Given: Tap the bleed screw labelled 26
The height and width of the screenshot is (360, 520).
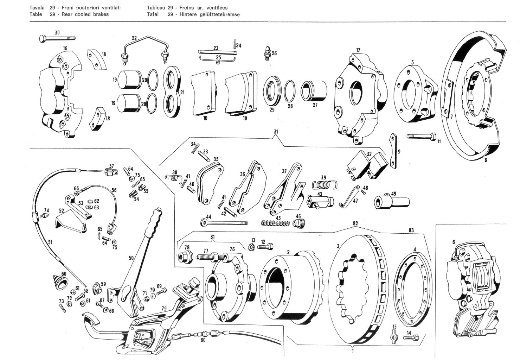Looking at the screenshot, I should pyautogui.click(x=268, y=52).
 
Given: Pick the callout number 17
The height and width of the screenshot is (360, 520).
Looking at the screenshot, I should pyautogui.click(x=358, y=50).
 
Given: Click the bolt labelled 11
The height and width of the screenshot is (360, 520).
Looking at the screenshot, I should pyautogui.click(x=422, y=136).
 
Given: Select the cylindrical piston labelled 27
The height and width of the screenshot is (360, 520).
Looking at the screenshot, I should pyautogui.click(x=314, y=90).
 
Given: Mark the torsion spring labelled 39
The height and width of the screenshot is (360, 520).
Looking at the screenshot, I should pyautogui.click(x=324, y=184).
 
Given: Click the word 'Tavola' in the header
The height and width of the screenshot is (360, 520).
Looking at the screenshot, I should pyautogui.click(x=37, y=8).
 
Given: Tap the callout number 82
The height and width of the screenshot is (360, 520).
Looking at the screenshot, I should pyautogui.click(x=355, y=223).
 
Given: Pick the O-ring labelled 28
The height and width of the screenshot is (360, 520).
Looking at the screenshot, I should pyautogui.click(x=290, y=90).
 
